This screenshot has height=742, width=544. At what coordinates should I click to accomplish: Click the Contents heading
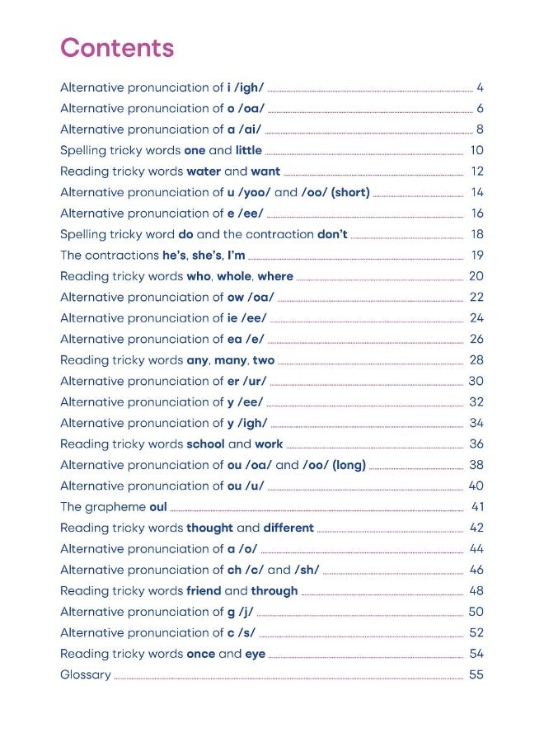click(x=117, y=48)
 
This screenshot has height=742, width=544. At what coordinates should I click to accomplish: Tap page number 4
click(x=480, y=87)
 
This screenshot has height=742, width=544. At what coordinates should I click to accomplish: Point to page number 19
click(x=477, y=256)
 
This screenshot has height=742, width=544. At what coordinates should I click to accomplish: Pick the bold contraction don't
click(x=332, y=234)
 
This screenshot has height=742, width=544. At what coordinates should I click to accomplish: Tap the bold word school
click(x=205, y=444)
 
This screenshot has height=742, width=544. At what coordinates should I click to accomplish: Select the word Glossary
click(x=86, y=674)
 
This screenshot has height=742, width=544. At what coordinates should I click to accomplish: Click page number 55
click(x=476, y=674)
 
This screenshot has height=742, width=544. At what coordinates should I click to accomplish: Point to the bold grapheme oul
click(x=158, y=506)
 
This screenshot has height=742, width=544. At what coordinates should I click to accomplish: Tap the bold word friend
click(x=204, y=590)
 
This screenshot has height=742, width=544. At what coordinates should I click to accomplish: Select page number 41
click(x=477, y=506)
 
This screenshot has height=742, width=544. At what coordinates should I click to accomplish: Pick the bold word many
click(x=231, y=360)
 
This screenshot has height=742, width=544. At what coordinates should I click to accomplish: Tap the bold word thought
click(x=209, y=528)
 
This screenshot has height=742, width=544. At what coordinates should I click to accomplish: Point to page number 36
click(x=476, y=444)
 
